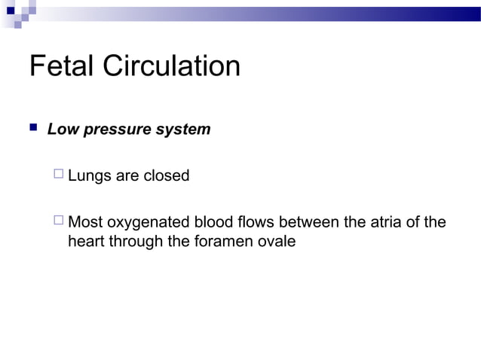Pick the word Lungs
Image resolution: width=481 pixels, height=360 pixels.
pos(88,176)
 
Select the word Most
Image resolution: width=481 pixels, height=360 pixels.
pos(85,223)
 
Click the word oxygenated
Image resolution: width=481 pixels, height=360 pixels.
pos(149,223)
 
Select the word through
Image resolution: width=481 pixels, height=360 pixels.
pos(134,243)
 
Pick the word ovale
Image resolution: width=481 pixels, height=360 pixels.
pos(276,243)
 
